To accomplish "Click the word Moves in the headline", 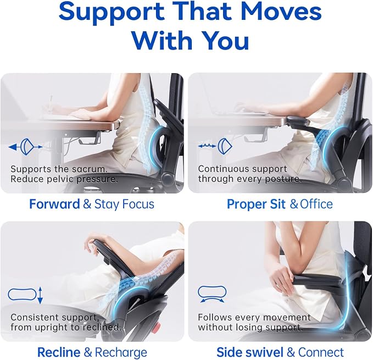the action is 281,11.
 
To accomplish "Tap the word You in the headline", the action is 226,40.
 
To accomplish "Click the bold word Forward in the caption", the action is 54,204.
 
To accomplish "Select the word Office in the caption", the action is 316,204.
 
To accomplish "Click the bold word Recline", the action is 59,352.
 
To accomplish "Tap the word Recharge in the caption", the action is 121,353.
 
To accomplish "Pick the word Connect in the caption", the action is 321,352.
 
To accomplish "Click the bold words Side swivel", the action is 250,352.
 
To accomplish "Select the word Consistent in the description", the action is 34,317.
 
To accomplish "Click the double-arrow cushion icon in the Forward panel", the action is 25,147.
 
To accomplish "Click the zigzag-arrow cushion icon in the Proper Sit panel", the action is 215,146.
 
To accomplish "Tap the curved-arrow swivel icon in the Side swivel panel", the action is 212,294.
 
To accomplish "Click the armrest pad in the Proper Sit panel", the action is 298,120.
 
